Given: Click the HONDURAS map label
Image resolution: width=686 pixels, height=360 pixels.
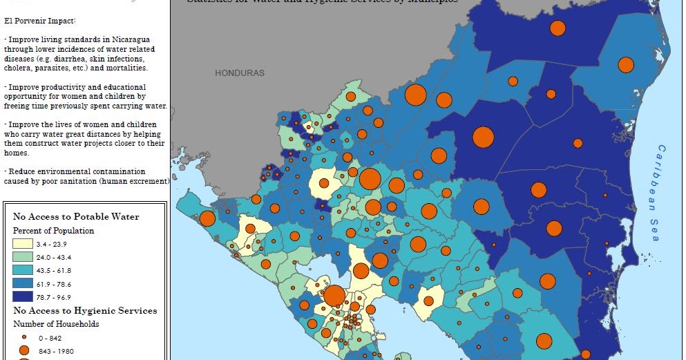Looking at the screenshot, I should [x=239, y=73].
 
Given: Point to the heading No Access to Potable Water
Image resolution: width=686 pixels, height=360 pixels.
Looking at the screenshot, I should [x=76, y=216].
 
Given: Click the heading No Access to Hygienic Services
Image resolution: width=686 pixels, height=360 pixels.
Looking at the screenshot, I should [x=85, y=310].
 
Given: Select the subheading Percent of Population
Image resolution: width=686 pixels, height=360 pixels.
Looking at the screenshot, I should [x=53, y=230].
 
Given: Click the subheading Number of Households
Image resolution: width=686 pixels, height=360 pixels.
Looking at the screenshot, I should [x=56, y=323].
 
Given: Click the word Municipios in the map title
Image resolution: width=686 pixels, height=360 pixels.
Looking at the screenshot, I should [x=431, y=1].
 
